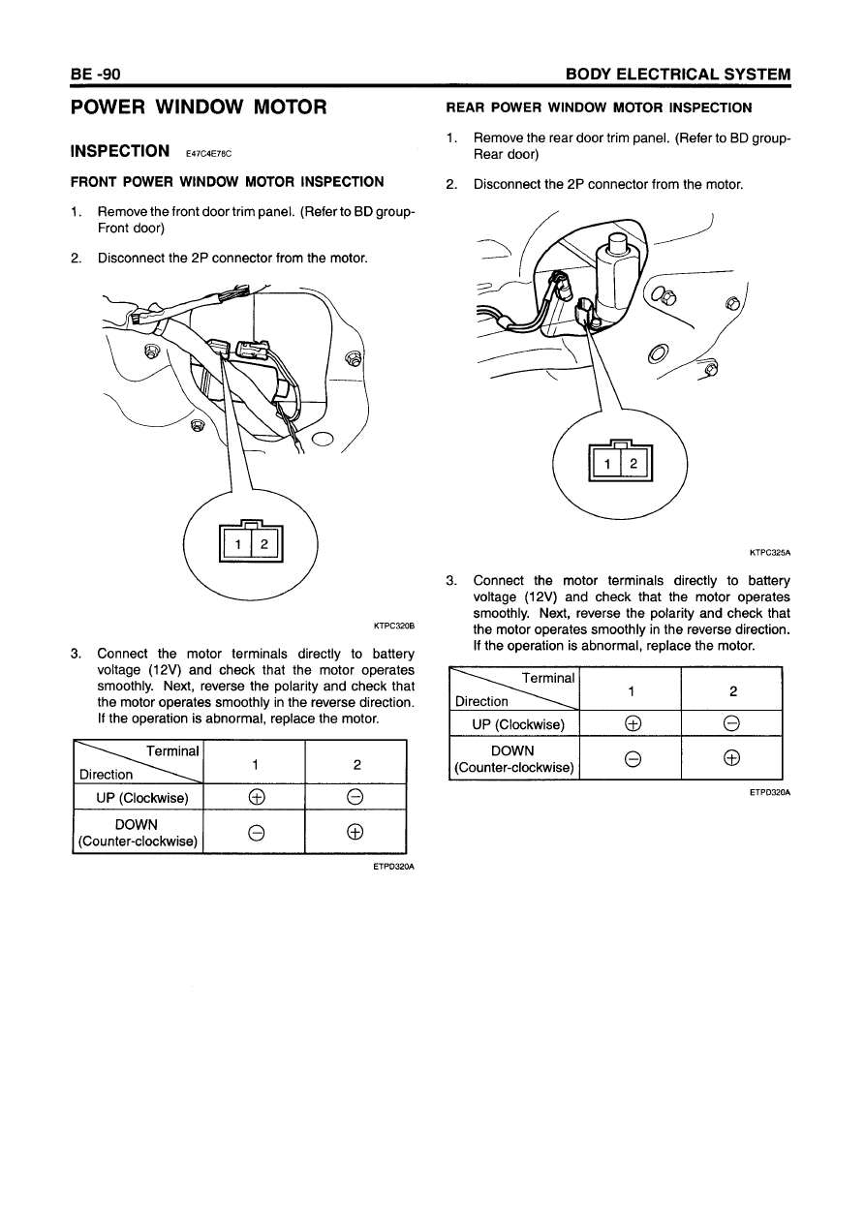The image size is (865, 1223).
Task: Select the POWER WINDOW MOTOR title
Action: coord(199,107)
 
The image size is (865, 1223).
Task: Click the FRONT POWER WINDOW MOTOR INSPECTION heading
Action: coord(228,181)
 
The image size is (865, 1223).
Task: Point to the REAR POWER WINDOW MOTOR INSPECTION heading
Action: coord(598,107)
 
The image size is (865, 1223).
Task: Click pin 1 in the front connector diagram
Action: coord(237,546)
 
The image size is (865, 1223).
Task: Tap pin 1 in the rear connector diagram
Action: coord(607,465)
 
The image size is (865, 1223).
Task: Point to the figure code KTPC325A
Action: coord(770,554)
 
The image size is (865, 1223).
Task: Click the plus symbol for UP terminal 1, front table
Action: coord(255,798)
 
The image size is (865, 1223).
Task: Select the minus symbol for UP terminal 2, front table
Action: coord(355,798)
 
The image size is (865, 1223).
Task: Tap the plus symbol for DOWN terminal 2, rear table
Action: coord(732,759)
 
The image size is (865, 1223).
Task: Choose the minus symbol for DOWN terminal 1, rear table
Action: coord(631,759)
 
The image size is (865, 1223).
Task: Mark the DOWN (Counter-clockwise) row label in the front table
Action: coord(139,833)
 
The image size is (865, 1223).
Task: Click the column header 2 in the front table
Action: coord(356,764)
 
